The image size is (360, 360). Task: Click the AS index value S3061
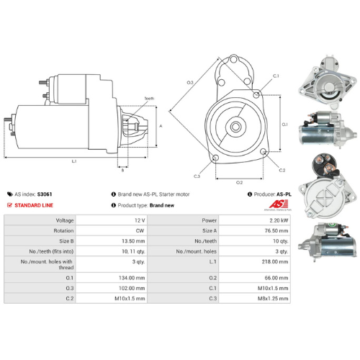[x=45, y=194]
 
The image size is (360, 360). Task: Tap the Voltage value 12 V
[x=139, y=220]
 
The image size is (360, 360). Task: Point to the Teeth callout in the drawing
[x=149, y=98]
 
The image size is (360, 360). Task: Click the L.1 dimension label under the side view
[x=74, y=161]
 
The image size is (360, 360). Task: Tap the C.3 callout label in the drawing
[x=197, y=176]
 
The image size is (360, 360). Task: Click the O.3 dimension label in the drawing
[x=190, y=84]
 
